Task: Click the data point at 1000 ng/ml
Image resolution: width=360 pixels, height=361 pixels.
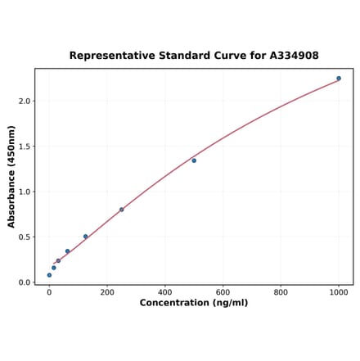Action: (339, 79)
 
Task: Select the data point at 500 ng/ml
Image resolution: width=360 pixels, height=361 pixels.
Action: (194, 160)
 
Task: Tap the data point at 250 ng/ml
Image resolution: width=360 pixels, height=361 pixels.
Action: (122, 210)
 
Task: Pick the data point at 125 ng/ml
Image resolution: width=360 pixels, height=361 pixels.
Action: (85, 237)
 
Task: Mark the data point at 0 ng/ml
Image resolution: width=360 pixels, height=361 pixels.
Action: (49, 275)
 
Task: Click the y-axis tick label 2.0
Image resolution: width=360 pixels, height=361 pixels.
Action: (24, 102)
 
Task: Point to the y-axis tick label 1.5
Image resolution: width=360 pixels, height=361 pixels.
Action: (24, 147)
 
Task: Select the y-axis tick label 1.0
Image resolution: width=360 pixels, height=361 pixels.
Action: (24, 192)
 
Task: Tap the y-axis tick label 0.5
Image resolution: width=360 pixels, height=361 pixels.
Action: (24, 237)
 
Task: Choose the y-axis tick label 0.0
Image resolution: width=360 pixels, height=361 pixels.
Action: (24, 282)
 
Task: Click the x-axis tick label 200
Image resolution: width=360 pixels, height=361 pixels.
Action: (107, 292)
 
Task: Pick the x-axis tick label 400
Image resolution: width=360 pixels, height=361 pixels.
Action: (165, 292)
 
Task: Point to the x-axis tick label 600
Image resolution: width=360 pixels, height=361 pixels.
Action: (223, 292)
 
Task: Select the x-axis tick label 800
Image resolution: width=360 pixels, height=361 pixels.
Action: (281, 292)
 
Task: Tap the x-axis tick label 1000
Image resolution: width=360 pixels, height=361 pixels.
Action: (339, 292)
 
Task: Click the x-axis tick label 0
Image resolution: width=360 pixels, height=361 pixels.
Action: (49, 292)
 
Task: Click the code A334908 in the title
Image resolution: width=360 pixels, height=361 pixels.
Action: (294, 56)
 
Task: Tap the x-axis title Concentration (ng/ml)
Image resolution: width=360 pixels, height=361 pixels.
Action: (194, 303)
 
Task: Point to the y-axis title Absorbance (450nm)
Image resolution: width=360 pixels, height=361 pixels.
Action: (11, 176)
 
